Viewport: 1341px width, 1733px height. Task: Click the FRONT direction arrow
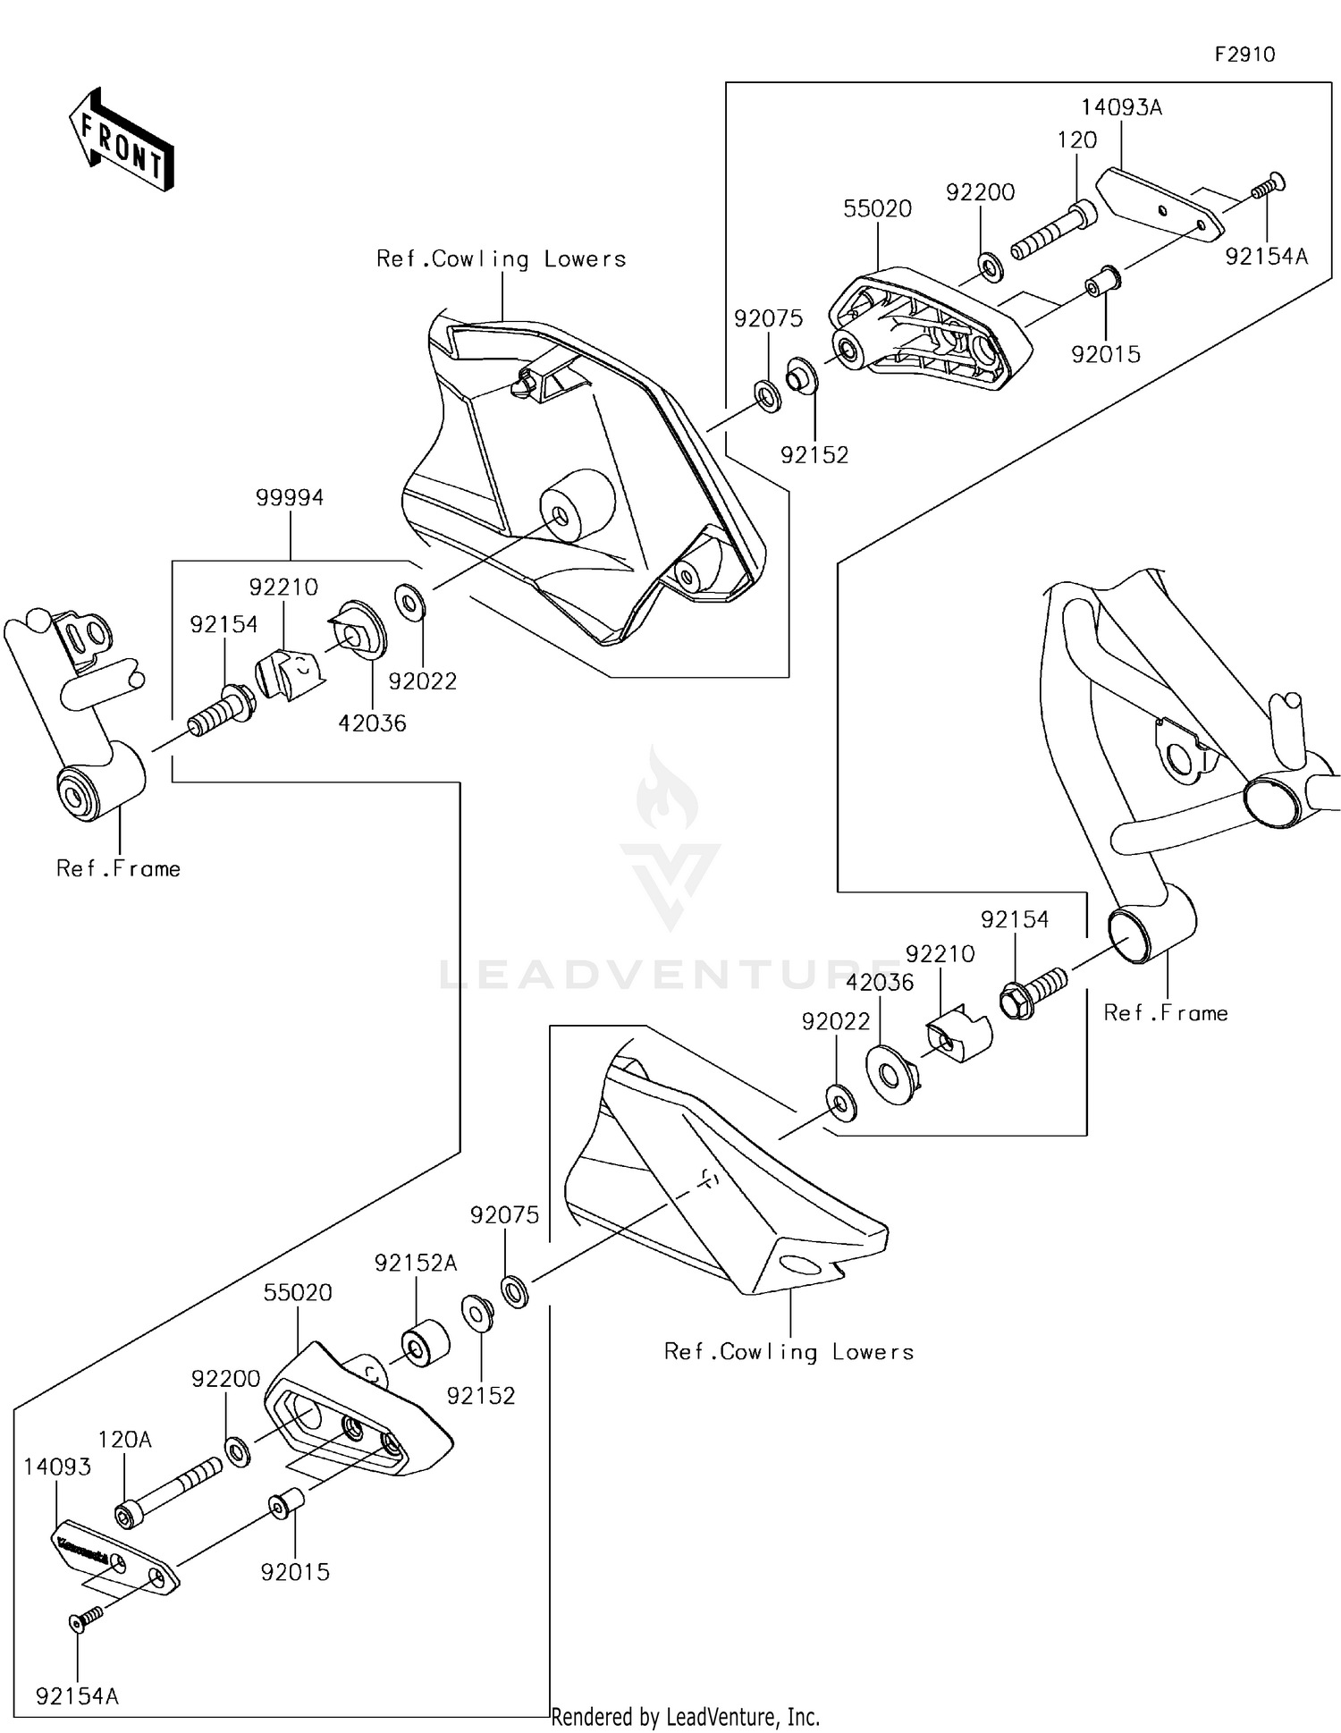click(x=121, y=141)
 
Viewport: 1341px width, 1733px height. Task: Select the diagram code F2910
click(x=1244, y=55)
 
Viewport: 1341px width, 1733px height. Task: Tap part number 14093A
click(x=1121, y=107)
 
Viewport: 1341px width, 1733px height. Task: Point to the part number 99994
click(x=290, y=498)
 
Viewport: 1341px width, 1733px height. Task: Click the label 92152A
click(x=416, y=1263)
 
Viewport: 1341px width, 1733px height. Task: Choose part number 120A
click(x=124, y=1440)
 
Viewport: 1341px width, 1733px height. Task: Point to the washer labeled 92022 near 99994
click(x=410, y=602)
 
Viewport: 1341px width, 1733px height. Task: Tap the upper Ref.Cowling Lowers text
click(x=501, y=259)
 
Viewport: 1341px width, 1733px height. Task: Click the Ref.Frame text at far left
click(x=118, y=868)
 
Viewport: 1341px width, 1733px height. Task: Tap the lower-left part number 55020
click(x=298, y=1292)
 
